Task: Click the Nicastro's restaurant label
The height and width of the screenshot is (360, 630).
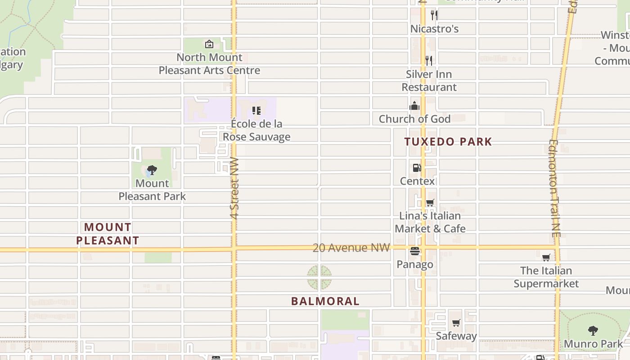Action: coord(434,29)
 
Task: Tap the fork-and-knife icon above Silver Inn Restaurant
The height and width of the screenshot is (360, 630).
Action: coord(429,60)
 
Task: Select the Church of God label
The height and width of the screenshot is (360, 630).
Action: coord(414,119)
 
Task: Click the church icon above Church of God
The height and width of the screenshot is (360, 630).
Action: coord(414,106)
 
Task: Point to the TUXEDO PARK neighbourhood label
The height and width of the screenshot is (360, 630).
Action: coord(448,142)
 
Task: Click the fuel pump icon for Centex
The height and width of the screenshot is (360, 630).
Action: coord(417,168)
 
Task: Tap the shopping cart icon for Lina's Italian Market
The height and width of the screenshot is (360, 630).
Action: coord(430,202)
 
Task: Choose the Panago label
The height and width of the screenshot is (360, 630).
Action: coord(415,264)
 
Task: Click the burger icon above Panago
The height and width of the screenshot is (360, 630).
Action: coord(415,251)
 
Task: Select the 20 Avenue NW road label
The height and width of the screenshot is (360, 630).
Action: coord(351,247)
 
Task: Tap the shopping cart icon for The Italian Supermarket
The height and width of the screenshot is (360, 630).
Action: coord(546,257)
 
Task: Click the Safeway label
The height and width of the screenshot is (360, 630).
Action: coord(456,336)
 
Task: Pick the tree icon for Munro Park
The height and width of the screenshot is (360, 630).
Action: coord(593,331)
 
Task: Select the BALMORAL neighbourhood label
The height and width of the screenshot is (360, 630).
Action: coord(325,301)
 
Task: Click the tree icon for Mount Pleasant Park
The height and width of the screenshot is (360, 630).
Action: coord(152,170)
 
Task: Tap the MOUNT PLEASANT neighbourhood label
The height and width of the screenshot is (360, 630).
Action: coord(108,234)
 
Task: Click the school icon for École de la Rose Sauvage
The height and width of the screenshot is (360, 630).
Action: coord(256,110)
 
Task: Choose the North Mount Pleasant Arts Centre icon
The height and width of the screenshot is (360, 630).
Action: coord(209,44)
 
